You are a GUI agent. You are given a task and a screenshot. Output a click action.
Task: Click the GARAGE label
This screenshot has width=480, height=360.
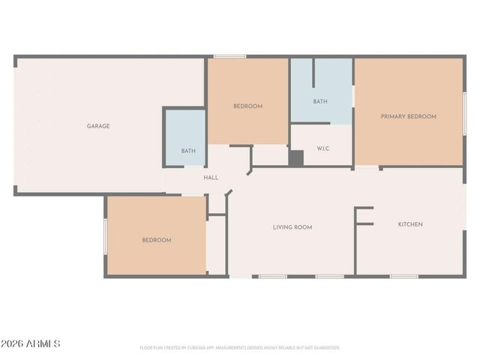(x=98, y=126)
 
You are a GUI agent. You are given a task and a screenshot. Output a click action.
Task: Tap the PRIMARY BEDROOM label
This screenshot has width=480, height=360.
(x=408, y=116)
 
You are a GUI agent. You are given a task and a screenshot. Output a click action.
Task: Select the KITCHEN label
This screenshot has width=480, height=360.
(x=410, y=224)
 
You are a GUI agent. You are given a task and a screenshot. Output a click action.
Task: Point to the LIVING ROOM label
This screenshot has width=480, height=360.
(x=292, y=227)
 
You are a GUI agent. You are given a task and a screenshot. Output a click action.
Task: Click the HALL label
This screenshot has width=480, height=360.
(x=211, y=178)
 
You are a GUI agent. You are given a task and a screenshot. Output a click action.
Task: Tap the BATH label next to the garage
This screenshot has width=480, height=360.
(x=188, y=151)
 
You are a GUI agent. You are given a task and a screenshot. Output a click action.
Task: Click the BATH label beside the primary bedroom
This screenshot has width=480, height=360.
(x=320, y=101)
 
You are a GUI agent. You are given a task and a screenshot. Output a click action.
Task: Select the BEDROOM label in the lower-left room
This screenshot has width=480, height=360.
(x=157, y=240)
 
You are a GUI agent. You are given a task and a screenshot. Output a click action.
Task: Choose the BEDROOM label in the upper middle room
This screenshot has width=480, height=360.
(x=247, y=106)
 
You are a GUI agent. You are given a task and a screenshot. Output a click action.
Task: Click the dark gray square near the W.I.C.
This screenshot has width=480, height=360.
(x=296, y=159)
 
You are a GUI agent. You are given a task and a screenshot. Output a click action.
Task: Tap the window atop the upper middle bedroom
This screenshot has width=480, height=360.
(x=229, y=56)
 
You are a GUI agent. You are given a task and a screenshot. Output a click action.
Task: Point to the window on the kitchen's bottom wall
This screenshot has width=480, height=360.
(x=403, y=277)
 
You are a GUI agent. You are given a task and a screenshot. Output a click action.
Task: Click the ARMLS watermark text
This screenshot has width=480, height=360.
(x=43, y=343)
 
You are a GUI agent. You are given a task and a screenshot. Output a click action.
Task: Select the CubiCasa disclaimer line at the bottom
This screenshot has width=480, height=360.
(x=240, y=348)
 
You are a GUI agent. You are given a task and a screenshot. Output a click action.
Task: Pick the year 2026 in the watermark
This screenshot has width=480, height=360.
(x=13, y=343)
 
